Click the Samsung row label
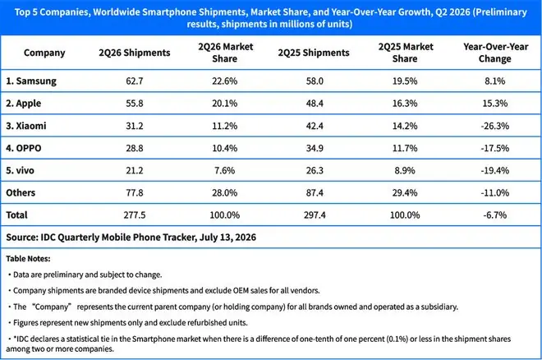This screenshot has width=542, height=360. pos(31,81)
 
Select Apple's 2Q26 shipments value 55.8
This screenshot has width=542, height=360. pos(135,104)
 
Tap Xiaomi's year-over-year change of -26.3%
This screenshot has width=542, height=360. pos(494,126)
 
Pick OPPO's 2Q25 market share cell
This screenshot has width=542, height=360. pos(405,148)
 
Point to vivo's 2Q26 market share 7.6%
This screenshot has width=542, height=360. pos(225,170)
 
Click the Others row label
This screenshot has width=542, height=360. pos(21,192)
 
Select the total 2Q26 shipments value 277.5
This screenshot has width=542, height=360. pos(135,215)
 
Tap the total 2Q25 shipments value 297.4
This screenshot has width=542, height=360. pos(315,215)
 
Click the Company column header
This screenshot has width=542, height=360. pos(44,53)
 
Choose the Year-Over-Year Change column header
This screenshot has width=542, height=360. pos(495,53)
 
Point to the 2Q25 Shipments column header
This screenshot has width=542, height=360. pos(314,53)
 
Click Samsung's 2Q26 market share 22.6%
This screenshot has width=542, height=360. pos(225,81)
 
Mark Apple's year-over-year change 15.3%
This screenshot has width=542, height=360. pos(495,104)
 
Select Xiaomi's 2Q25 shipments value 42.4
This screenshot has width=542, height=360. pos(315,126)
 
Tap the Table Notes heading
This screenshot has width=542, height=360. pos(28,259)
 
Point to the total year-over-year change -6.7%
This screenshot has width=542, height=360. pos(495,215)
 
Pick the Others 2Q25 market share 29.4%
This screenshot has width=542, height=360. pos(405,192)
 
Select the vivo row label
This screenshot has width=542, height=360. pos(20,170)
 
